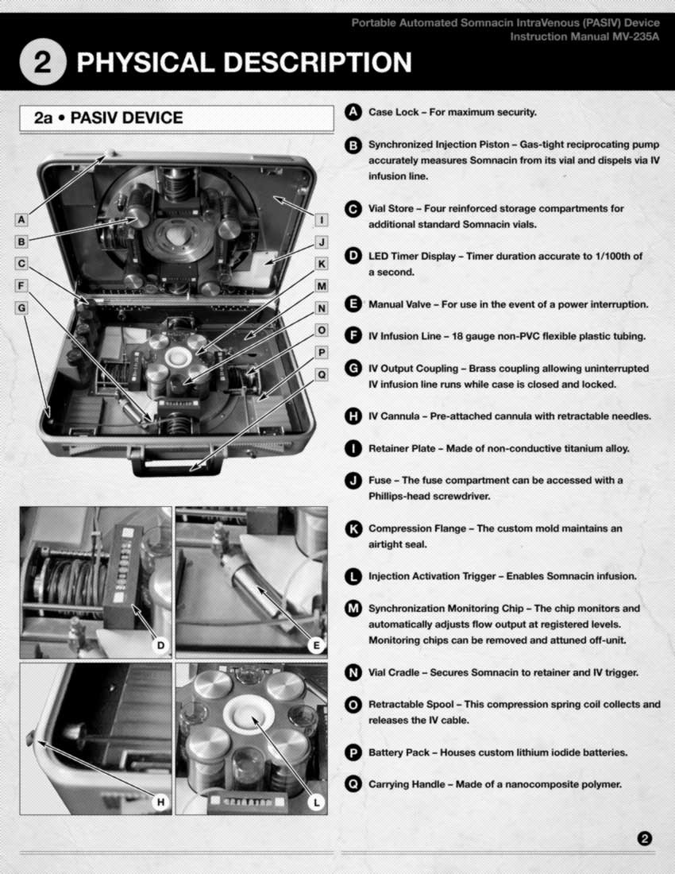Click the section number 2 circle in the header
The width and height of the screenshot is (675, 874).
coord(43,62)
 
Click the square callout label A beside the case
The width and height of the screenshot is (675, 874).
coord(21,219)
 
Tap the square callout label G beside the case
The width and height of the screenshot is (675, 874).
coord(21,307)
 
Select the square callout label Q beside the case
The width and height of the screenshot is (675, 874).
coord(322,374)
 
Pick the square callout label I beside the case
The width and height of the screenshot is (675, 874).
coord(322,220)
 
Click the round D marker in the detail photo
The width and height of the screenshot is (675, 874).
coord(160,645)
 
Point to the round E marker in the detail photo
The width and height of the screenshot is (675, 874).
coord(316,645)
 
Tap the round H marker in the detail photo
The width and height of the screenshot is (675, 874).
coord(160,802)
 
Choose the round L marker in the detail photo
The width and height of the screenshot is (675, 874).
coord(316,802)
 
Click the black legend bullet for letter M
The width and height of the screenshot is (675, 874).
coord(353,608)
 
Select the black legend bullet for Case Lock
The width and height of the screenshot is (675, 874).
coord(353,112)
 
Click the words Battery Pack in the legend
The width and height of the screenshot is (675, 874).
coord(399,752)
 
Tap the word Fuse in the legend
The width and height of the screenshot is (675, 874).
coord(380,480)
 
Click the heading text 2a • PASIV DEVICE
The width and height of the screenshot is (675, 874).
coord(108,118)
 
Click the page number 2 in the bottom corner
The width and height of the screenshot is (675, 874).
coord(644,838)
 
